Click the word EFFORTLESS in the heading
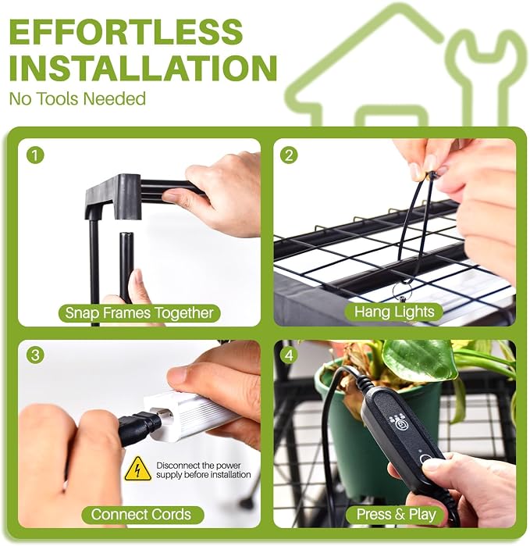point(126,31)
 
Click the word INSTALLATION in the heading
point(143,67)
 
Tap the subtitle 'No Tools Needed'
point(77,98)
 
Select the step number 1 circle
point(35,155)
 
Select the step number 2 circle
point(289,155)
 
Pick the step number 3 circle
point(35,355)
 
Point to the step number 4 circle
point(289,355)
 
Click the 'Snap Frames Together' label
point(139,312)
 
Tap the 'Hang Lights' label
point(394,312)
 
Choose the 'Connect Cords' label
point(141,514)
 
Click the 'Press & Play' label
point(396,514)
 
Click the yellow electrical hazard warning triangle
point(138,469)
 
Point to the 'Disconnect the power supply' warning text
point(203,470)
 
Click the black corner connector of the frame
point(113,197)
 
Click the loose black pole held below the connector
point(125,268)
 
